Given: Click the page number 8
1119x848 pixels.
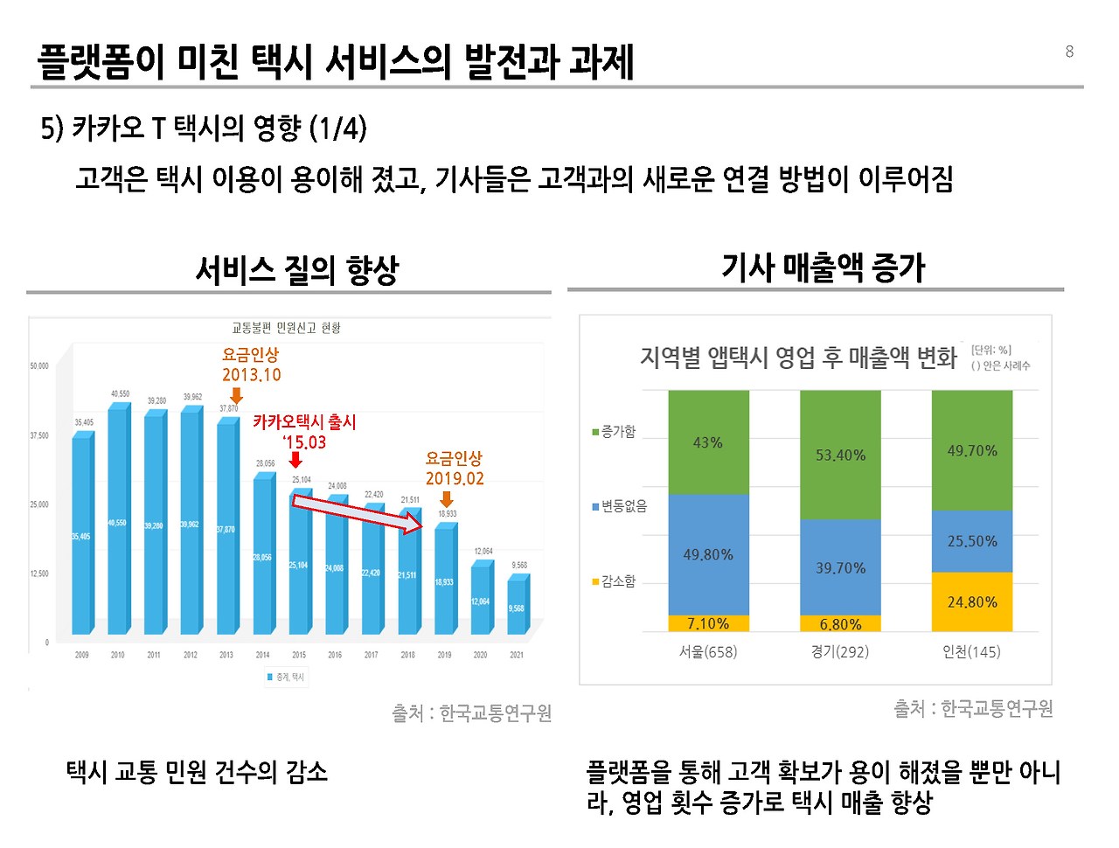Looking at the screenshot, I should pyautogui.click(x=1069, y=52).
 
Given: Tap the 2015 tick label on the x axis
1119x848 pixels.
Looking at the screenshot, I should pyautogui.click(x=299, y=655).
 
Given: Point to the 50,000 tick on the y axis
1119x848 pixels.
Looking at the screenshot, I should pyautogui.click(x=39, y=366).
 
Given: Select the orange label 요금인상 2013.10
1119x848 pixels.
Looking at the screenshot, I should pyautogui.click(x=251, y=365).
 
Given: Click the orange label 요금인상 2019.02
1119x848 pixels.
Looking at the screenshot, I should pyautogui.click(x=454, y=468).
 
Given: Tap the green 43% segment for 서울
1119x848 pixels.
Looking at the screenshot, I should pyautogui.click(x=708, y=442).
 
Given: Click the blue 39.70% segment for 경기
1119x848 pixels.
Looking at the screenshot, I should pyautogui.click(x=840, y=567).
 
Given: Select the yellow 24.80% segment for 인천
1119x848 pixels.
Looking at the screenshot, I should pyautogui.click(x=971, y=601).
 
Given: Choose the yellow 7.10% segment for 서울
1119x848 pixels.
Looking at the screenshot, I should pyautogui.click(x=708, y=623).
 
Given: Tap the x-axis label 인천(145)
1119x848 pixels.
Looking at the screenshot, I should pyautogui.click(x=971, y=651).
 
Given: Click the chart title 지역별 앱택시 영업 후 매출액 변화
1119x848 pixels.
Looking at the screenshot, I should pyautogui.click(x=798, y=358).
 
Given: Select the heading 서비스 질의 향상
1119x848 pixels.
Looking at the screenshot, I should pyautogui.click(x=296, y=270).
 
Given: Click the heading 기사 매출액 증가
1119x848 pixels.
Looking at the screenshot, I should pyautogui.click(x=823, y=268).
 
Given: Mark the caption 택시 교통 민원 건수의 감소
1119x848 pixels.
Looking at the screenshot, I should pyautogui.click(x=197, y=771).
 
